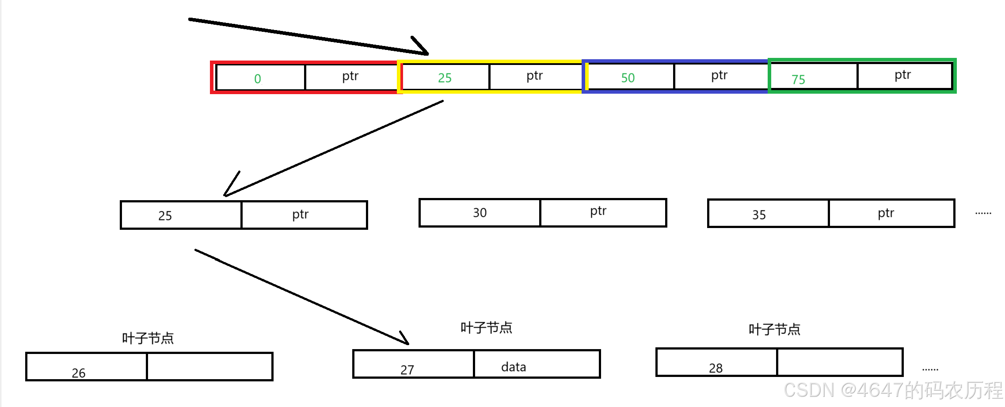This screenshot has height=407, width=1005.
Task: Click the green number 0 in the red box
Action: pos(258,79)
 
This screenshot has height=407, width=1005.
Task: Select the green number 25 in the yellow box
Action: pos(445,78)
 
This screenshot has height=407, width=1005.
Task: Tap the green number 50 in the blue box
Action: pos(628,78)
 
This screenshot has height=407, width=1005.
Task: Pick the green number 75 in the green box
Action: pos(798,80)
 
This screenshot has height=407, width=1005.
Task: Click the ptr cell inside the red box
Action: pos(350,76)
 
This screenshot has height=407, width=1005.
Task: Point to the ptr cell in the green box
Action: pos(903,75)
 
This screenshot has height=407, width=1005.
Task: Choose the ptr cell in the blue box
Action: pos(719,76)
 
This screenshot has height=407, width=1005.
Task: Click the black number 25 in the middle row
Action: pos(165,216)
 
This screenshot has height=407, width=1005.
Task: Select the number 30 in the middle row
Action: pos(480,213)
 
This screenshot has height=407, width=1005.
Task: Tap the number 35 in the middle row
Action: pos(759,215)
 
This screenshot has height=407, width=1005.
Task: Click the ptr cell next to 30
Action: pos(598,211)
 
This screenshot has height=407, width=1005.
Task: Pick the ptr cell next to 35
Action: pos(886,213)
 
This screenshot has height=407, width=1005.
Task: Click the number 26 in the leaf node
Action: pos(79,373)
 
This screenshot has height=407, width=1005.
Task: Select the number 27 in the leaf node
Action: pos(407,370)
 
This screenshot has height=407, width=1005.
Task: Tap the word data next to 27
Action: pos(514,367)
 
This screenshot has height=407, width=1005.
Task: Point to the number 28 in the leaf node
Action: pos(716,368)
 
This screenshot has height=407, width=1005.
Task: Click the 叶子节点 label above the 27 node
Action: pos(486,327)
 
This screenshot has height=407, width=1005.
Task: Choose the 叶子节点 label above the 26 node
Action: pos(148,338)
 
